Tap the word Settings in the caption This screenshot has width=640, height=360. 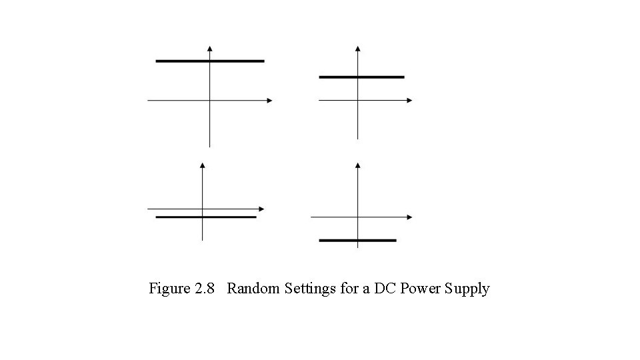click(311, 289)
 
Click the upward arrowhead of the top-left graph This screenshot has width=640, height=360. click(210, 48)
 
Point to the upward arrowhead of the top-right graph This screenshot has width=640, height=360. click(358, 48)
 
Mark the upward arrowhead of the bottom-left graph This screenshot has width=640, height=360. click(202, 165)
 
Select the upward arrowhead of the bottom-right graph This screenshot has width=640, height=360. click(358, 165)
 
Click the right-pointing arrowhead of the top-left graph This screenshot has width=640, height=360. click(269, 101)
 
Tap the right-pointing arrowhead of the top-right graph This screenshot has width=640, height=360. click(409, 101)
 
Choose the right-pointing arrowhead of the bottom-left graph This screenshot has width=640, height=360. click(262, 209)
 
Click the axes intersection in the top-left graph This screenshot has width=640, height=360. click(210, 101)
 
